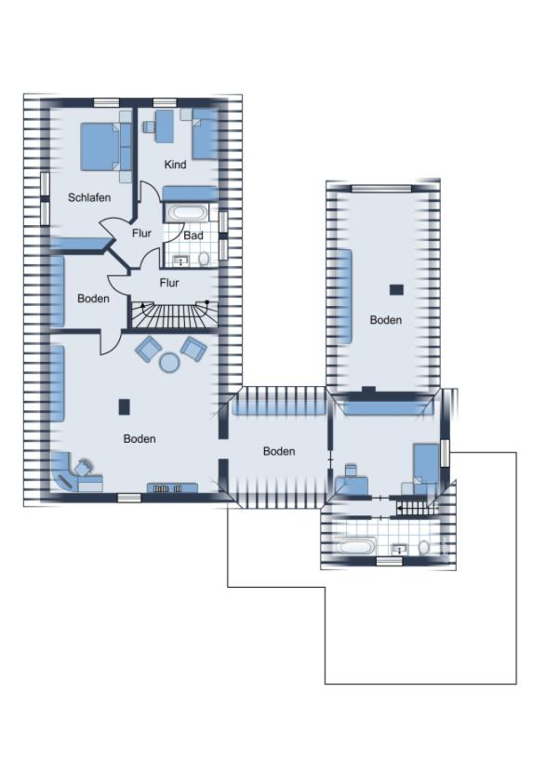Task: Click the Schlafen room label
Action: click(x=89, y=197)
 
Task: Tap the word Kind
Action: click(x=175, y=164)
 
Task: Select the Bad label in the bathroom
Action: click(x=193, y=235)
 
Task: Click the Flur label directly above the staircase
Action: click(x=169, y=283)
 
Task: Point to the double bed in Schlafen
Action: click(x=100, y=146)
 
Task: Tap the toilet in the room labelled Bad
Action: click(x=204, y=258)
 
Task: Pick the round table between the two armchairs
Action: click(x=170, y=363)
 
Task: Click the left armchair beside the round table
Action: click(x=148, y=349)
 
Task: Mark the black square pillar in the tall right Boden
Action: click(x=396, y=289)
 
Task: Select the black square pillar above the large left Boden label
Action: click(x=125, y=406)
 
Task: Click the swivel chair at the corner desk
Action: click(x=84, y=467)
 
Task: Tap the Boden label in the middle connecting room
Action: click(x=279, y=451)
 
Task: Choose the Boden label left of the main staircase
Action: click(x=94, y=299)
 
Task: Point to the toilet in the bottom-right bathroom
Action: click(x=424, y=548)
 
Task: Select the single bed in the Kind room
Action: click(x=205, y=134)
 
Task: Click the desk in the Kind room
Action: click(x=165, y=126)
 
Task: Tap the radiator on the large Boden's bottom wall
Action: click(x=173, y=488)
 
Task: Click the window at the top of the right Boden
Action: click(x=381, y=188)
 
